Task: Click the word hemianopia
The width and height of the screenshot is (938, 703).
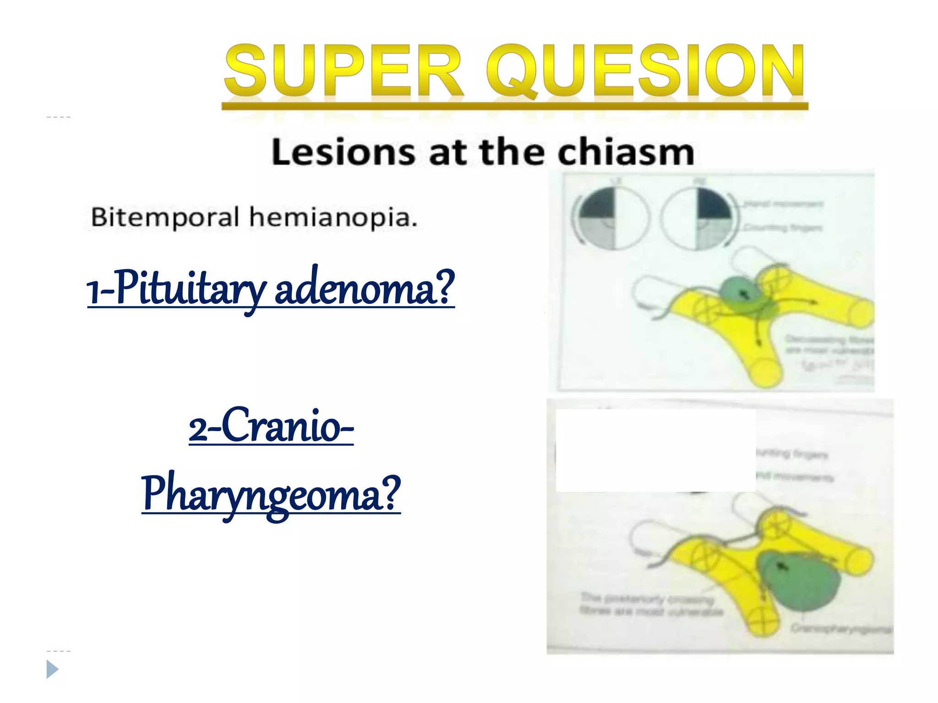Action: point(333,218)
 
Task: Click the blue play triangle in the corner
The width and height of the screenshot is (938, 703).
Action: point(52,670)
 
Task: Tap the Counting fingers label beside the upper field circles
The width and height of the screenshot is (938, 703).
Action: point(783,227)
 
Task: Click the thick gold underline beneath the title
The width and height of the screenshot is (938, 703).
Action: point(515,106)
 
